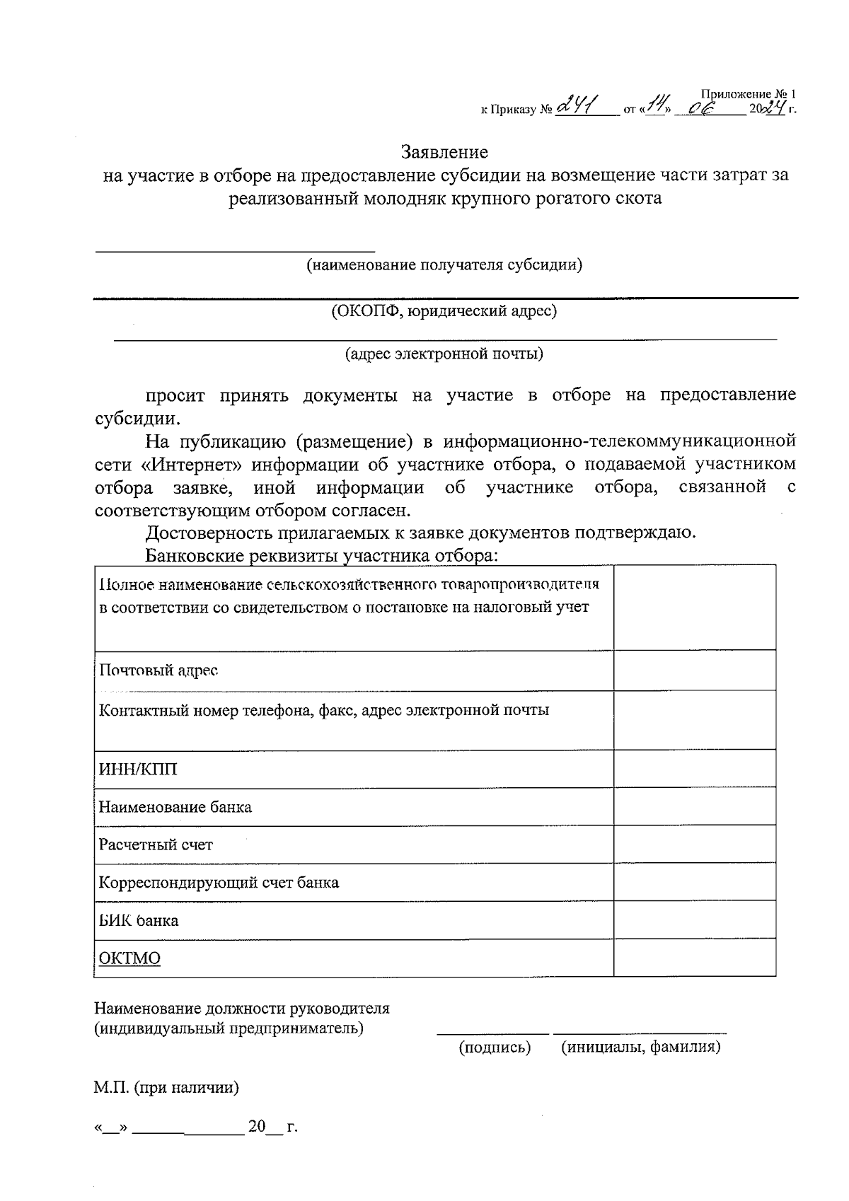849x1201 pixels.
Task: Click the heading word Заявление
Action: (444, 152)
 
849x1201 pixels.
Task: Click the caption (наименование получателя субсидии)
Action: (444, 265)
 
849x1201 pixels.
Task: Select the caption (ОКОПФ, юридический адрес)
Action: (444, 311)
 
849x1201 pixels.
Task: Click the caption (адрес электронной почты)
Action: (444, 353)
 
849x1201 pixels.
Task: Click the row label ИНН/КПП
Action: (138, 769)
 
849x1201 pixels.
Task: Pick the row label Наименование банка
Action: (175, 807)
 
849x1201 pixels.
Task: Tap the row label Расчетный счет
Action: (156, 845)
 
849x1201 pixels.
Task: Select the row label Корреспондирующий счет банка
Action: (219, 883)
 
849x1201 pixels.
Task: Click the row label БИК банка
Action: (139, 921)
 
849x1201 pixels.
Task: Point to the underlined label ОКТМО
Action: (129, 958)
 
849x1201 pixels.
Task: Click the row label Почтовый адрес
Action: (158, 670)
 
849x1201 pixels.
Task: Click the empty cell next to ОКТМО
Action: (694, 958)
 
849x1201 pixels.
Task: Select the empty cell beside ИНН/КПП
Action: (694, 768)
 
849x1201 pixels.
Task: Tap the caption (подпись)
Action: (495, 1047)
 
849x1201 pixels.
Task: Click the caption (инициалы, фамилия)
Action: (640, 1047)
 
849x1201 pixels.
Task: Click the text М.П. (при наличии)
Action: (166, 1088)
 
